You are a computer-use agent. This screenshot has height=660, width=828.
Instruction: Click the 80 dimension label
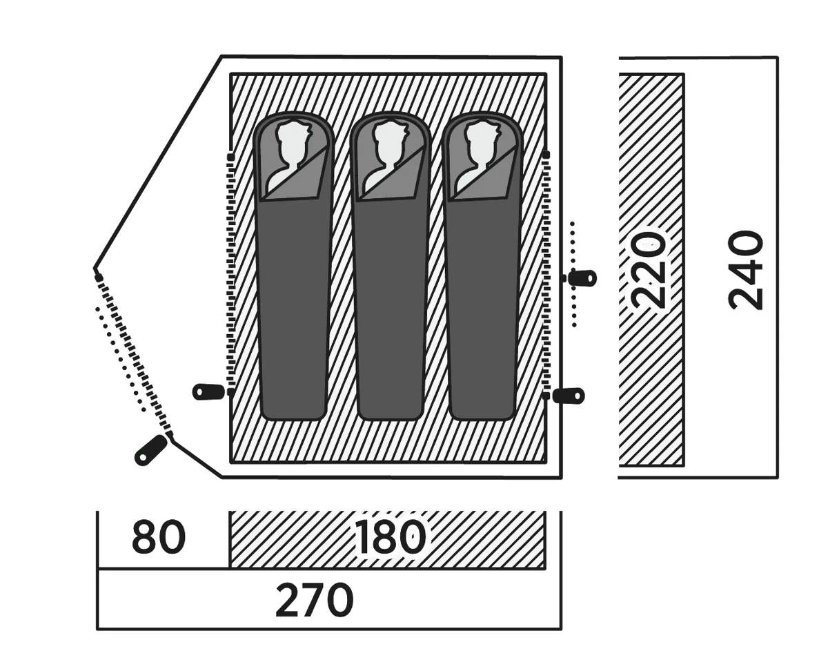tap(159, 538)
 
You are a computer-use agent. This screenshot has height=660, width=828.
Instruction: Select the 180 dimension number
tap(390, 538)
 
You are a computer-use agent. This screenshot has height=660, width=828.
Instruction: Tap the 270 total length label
tap(314, 601)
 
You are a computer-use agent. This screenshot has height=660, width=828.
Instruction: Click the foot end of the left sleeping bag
tap(293, 407)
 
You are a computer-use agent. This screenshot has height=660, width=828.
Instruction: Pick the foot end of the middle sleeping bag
tap(390, 407)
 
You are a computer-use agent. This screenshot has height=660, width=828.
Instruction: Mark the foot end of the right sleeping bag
tap(482, 407)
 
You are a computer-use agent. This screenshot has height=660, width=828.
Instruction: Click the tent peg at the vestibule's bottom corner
tap(150, 450)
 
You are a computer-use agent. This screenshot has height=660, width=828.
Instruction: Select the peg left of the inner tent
tap(208, 391)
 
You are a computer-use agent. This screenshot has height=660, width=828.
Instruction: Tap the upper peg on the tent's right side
tap(581, 278)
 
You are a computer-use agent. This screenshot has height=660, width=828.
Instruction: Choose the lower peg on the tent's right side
tap(569, 396)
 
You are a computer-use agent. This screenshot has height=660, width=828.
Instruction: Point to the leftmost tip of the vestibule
tap(96, 269)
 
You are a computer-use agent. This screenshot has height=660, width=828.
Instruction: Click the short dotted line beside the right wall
tap(573, 273)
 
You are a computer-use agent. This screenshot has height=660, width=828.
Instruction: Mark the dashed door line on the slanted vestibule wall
tap(135, 356)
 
